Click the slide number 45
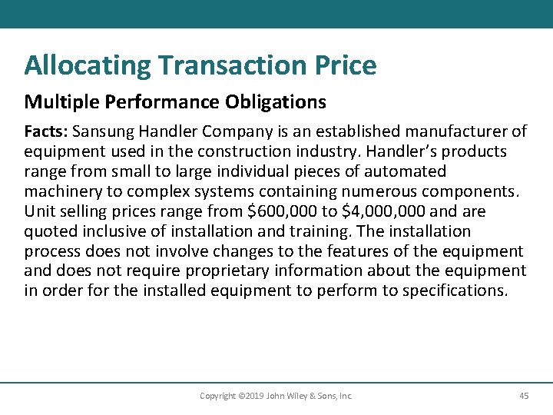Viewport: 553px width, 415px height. pos(524,396)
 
